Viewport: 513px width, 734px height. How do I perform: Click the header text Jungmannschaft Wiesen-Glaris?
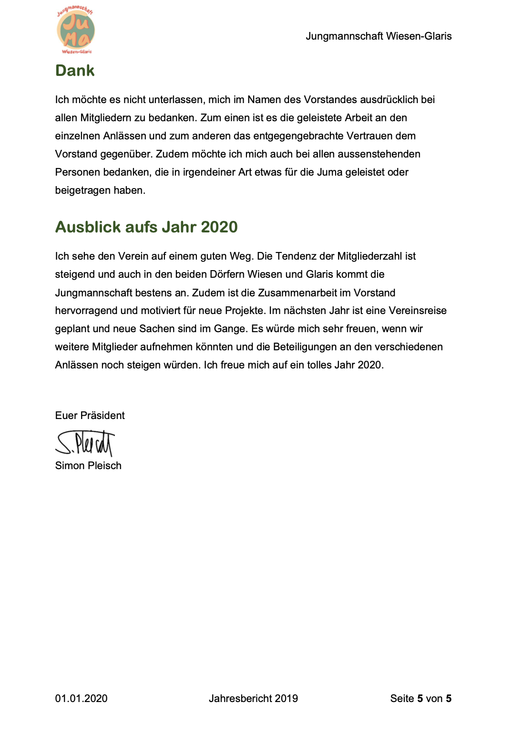(379, 36)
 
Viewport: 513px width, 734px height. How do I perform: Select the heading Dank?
(75, 71)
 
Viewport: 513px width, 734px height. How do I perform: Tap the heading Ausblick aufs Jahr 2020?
(146, 227)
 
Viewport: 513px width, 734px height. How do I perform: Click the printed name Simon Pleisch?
(88, 466)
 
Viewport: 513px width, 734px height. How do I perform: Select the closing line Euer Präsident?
(90, 416)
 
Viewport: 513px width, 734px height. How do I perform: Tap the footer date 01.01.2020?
(81, 699)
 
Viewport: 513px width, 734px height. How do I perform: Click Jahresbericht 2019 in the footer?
(253, 699)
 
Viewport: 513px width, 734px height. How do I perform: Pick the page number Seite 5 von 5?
(421, 699)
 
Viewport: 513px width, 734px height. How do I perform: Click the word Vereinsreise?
(418, 311)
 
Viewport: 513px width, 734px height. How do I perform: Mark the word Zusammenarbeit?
(296, 293)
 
